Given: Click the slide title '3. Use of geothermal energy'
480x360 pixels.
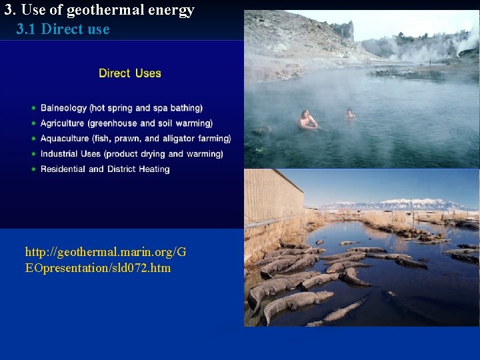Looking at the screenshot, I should pos(99,10).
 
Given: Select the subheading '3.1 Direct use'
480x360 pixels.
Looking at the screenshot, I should pos(63,29).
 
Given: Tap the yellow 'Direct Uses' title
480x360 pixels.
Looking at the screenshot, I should pos(130,73).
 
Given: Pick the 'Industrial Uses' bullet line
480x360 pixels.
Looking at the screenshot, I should pos(131,154).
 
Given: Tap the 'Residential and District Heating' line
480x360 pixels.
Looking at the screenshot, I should pos(105,169).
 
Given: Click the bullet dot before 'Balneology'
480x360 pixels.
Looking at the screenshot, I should pos(33,108).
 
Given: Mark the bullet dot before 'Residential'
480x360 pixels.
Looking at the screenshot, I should pos(33,169).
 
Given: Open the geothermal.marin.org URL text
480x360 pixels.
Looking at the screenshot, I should pos(105,260).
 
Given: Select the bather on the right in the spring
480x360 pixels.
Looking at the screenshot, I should pos(350,114).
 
